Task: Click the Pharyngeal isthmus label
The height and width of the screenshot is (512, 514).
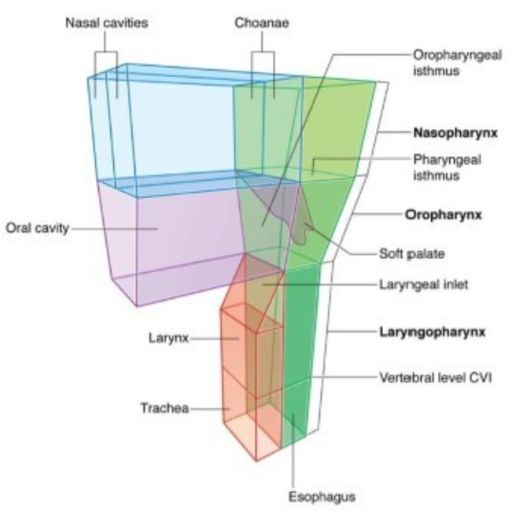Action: pyautogui.click(x=447, y=167)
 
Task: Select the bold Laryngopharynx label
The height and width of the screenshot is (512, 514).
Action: pyautogui.click(x=449, y=332)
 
